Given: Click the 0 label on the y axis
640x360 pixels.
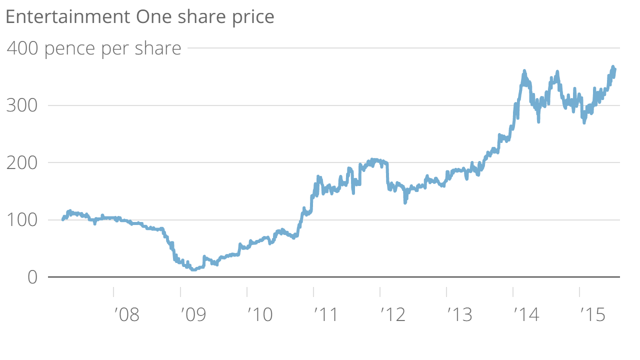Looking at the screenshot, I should pyautogui.click(x=32, y=277).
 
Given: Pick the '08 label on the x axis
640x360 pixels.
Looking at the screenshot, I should pyautogui.click(x=126, y=315).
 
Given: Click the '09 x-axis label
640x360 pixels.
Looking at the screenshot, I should pyautogui.click(x=193, y=315).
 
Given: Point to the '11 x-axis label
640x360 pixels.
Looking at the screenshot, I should pyautogui.click(x=326, y=315).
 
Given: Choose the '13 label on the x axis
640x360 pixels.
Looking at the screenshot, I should pyautogui.click(x=459, y=315).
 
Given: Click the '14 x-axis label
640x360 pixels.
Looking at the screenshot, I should pyautogui.click(x=526, y=315).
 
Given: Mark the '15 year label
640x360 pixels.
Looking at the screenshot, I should pyautogui.click(x=592, y=315).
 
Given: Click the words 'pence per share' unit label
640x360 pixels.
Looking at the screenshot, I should pyautogui.click(x=113, y=49).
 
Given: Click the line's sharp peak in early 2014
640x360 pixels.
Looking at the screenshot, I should pyautogui.click(x=524, y=71).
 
